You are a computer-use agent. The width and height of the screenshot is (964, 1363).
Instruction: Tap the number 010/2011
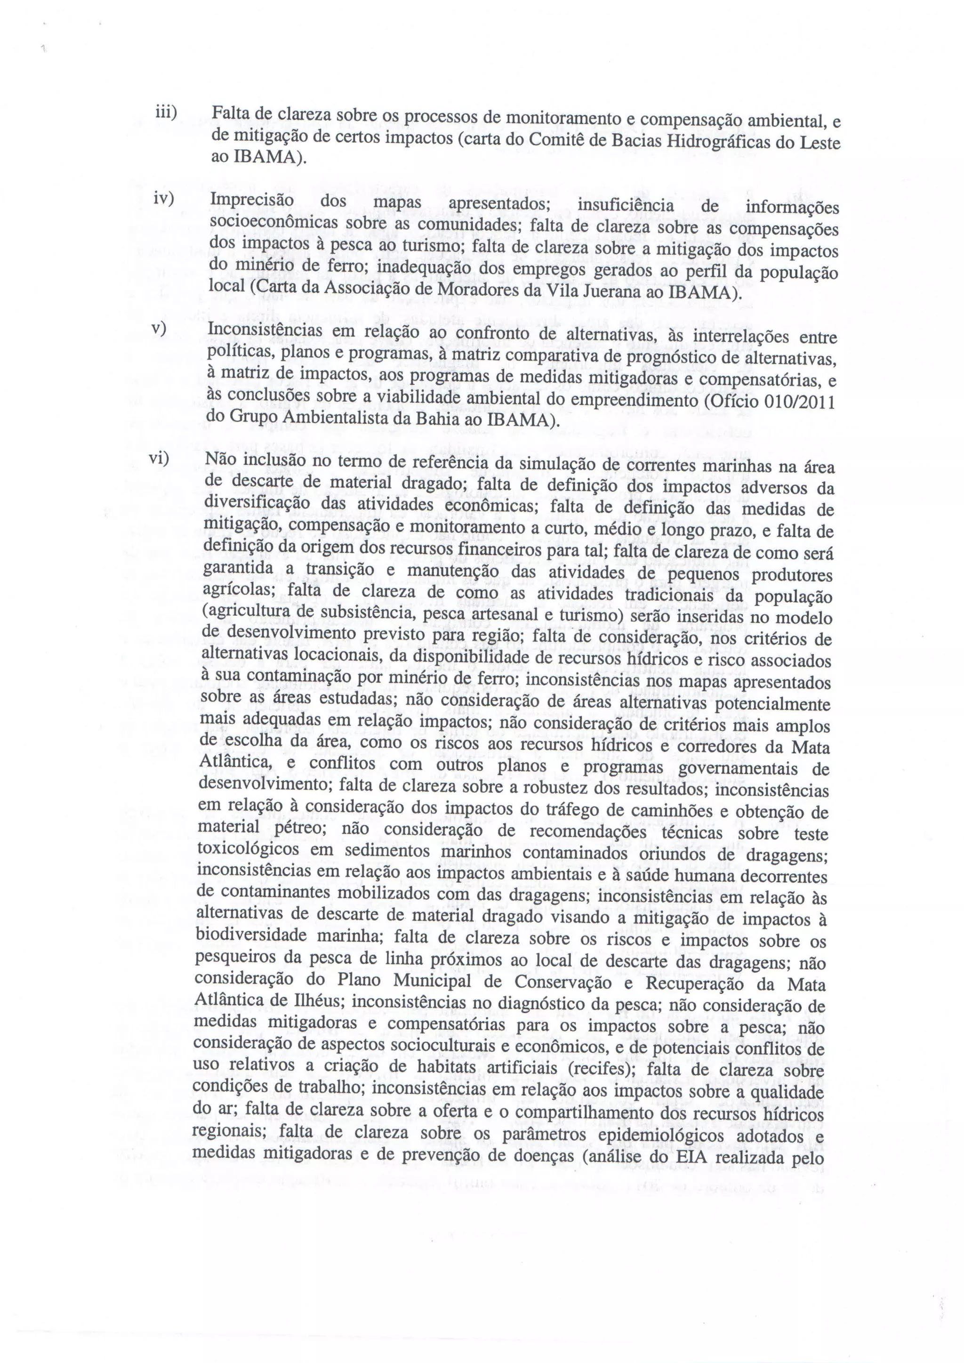coord(796,402)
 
